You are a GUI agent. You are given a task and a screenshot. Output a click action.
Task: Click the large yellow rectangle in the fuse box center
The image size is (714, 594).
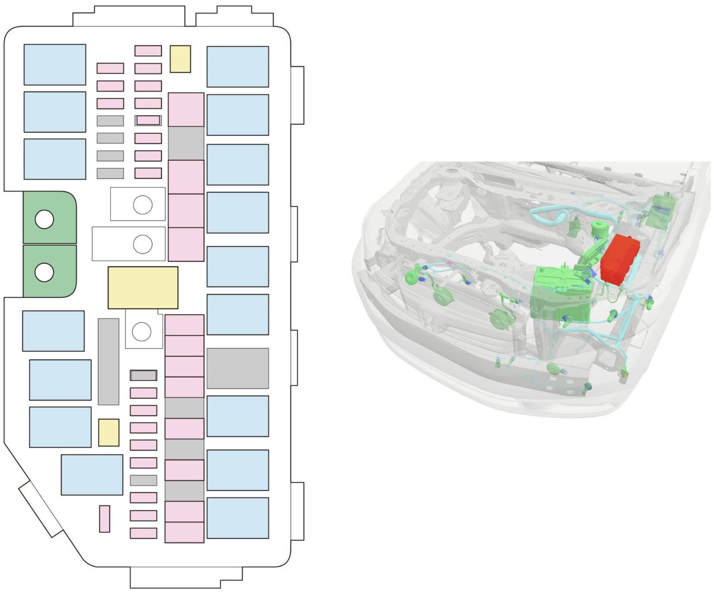pyautogui.click(x=143, y=287)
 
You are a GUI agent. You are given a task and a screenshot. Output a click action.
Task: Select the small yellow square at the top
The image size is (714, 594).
pyautogui.click(x=180, y=59)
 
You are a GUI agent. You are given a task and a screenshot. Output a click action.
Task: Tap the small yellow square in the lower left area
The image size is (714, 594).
pyautogui.click(x=108, y=432)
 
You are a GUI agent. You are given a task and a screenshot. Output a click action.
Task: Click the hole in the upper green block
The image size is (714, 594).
pyautogui.click(x=44, y=220)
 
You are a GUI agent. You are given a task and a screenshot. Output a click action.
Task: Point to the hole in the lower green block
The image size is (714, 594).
pyautogui.click(x=44, y=272)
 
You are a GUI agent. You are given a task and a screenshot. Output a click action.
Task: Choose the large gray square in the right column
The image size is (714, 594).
pyautogui.click(x=238, y=368)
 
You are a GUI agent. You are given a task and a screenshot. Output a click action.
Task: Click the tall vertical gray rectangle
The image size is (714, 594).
pyautogui.click(x=108, y=361)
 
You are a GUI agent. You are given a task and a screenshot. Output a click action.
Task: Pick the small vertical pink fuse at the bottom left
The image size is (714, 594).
pyautogui.click(x=104, y=519)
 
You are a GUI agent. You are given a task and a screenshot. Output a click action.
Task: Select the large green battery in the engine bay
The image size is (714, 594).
pyautogui.click(x=560, y=294)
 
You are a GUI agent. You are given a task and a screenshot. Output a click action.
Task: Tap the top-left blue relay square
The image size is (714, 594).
pyautogui.click(x=55, y=65)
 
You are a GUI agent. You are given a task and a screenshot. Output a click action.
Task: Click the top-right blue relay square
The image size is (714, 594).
pyautogui.click(x=238, y=67)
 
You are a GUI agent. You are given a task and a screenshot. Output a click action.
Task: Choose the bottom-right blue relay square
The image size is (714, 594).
pyautogui.click(x=238, y=518)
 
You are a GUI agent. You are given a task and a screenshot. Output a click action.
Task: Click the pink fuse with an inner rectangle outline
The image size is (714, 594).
pyautogui.click(x=148, y=120)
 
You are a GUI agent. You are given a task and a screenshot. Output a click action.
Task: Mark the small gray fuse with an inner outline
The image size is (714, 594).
pyautogui.click(x=143, y=375)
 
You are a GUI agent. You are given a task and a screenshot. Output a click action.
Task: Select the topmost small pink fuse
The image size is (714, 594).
pyautogui.click(x=148, y=50)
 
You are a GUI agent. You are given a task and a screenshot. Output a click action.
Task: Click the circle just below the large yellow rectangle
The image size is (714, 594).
pyautogui.click(x=142, y=332)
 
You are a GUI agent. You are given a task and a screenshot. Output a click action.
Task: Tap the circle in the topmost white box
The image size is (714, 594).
pyautogui.click(x=142, y=205)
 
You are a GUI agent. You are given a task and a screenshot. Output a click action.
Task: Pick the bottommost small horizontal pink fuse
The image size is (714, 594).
pyautogui.click(x=143, y=533)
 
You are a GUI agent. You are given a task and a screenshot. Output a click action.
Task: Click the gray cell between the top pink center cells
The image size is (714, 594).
pyautogui.click(x=186, y=143)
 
